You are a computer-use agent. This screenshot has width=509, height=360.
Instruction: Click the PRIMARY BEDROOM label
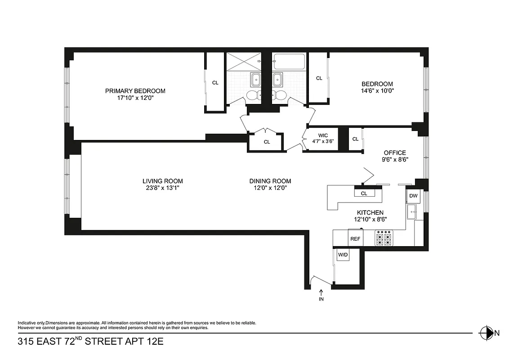(135, 91)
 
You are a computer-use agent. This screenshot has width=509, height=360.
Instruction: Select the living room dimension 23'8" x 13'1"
(162, 188)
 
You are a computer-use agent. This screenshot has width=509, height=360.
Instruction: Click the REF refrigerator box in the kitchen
(355, 238)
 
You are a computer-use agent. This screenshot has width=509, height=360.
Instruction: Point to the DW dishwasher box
(413, 196)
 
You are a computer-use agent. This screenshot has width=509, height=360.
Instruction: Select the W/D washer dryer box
(343, 255)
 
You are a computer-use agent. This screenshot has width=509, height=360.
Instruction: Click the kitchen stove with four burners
(384, 238)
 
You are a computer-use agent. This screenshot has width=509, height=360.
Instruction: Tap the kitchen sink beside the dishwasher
(412, 211)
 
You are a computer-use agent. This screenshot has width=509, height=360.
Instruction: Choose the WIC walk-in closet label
(322, 135)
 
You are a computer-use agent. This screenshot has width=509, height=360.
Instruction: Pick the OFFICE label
(395, 153)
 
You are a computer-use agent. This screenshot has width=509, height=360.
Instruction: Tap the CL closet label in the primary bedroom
(215, 83)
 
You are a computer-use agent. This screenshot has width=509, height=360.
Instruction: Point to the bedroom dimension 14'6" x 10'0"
(377, 90)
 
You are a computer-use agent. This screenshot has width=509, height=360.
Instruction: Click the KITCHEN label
(370, 212)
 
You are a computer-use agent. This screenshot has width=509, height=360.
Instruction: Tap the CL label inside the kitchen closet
(364, 193)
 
